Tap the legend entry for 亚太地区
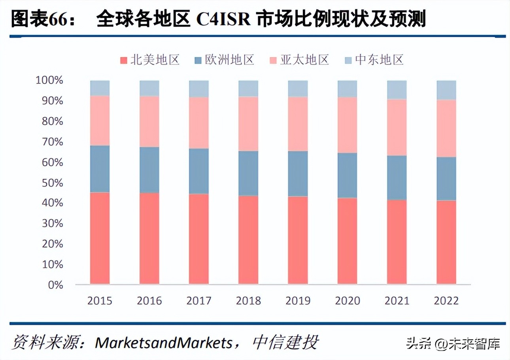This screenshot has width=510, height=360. point(299,60)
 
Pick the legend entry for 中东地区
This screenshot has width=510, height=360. point(374,60)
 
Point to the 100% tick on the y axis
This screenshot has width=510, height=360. point(49,81)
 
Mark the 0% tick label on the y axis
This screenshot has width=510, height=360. point(55,285)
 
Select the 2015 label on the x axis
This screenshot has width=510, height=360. point(100,301)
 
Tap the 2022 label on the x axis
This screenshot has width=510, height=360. point(446,301)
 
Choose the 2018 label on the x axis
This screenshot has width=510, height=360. point(248,301)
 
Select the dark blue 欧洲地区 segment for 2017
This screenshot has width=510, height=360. point(198,171)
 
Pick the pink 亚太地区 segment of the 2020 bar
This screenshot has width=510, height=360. point(347,125)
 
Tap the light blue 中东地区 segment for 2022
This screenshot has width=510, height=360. point(446,90)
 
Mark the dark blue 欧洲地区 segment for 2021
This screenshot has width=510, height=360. point(397,178)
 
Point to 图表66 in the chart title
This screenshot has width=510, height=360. point(34,19)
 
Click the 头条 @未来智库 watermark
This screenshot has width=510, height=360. point(453,343)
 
